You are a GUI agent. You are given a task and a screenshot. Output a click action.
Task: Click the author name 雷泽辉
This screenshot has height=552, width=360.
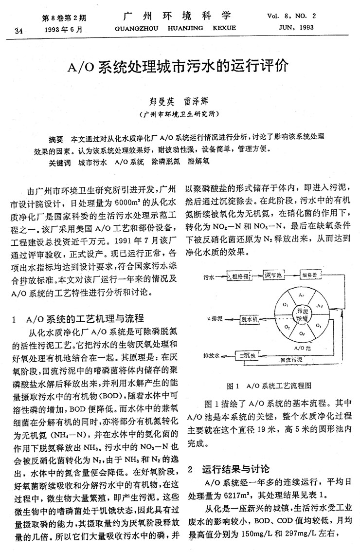198,103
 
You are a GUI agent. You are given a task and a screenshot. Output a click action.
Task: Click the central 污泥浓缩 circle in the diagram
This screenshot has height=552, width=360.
303,315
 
